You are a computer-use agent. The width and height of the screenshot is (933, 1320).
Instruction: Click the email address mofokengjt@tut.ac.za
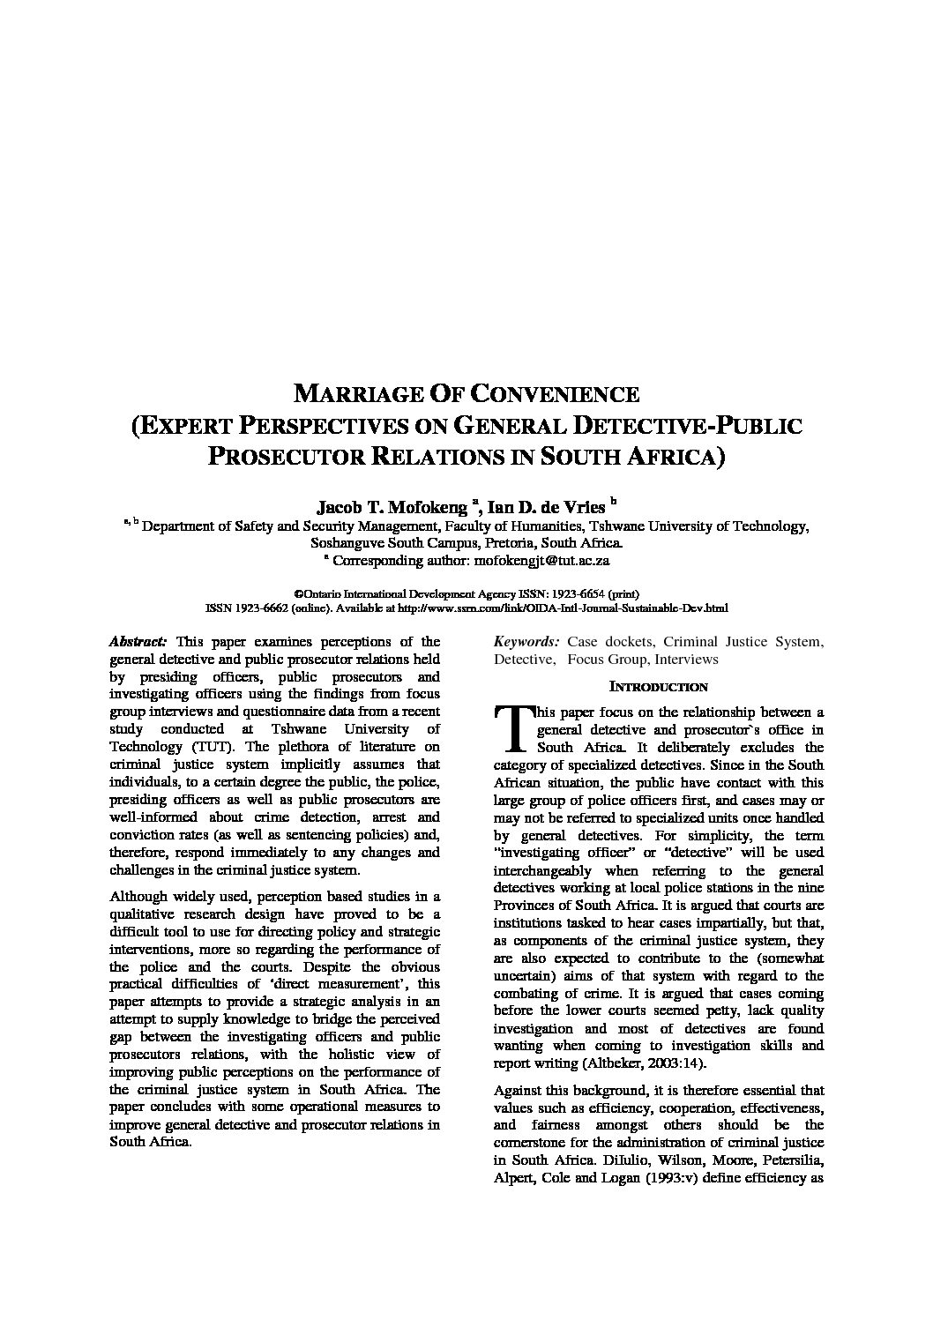click(x=542, y=559)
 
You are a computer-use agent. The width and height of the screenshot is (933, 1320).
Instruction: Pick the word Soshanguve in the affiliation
click(x=343, y=542)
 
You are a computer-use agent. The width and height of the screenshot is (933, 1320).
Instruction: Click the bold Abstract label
click(x=138, y=642)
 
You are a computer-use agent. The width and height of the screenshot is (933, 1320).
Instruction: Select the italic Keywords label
click(x=526, y=642)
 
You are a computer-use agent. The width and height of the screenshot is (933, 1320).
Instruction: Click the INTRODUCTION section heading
click(x=659, y=687)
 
